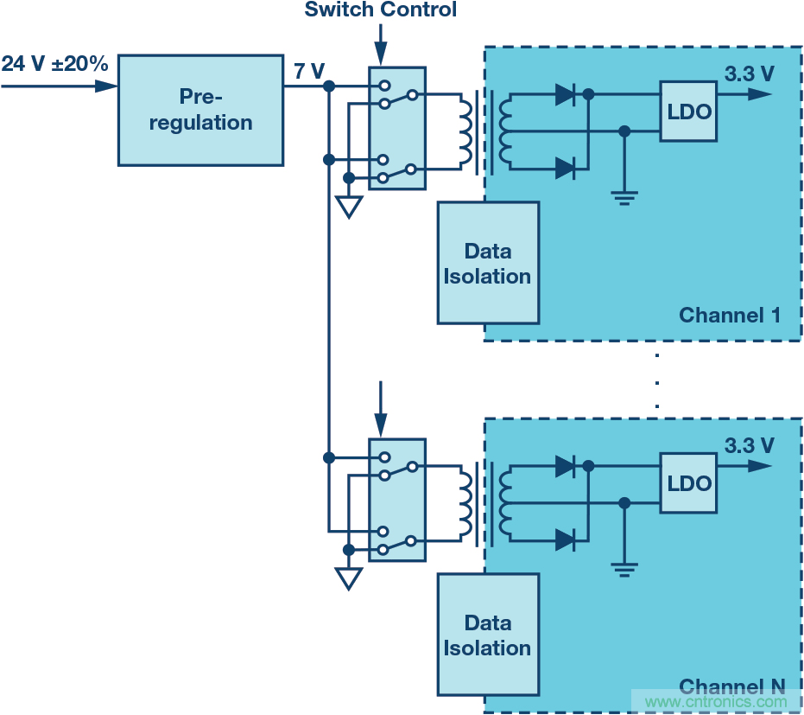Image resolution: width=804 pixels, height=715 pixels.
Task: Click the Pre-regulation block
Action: (200, 109)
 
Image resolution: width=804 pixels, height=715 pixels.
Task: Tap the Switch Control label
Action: (380, 10)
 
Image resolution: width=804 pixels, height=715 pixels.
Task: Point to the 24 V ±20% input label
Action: (54, 64)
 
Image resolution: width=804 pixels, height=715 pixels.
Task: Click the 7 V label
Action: (308, 71)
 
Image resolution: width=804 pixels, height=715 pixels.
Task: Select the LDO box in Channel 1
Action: (688, 111)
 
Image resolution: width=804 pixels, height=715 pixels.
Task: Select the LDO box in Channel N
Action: (688, 482)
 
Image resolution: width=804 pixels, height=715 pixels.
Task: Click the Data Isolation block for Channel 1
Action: (488, 263)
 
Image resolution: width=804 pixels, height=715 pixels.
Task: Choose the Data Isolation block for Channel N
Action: (488, 635)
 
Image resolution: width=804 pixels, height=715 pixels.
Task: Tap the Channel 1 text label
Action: (729, 315)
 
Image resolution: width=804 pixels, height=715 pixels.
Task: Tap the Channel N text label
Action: (732, 686)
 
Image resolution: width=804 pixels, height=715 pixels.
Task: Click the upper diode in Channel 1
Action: (566, 95)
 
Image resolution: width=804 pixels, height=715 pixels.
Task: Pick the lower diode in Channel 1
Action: (566, 169)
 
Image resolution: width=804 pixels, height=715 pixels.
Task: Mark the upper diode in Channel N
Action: (566, 467)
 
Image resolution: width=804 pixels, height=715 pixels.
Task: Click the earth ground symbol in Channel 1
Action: (624, 197)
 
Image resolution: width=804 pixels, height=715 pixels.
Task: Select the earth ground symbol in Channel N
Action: (624, 569)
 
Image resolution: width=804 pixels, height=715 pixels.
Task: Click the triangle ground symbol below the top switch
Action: (348, 207)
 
